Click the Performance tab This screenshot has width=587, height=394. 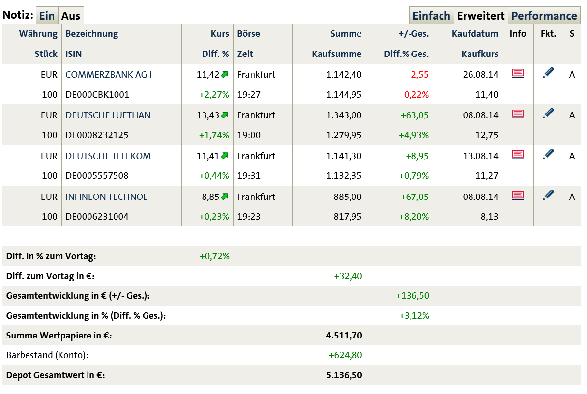[544, 16]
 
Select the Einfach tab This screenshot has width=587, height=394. [431, 16]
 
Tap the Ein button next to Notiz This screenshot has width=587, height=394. [47, 16]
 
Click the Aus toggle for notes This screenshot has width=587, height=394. [71, 16]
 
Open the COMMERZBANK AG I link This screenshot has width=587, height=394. [109, 75]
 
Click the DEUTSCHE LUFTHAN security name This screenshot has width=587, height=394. [108, 115]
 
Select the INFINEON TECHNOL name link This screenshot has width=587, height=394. [106, 197]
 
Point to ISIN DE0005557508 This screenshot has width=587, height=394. [97, 176]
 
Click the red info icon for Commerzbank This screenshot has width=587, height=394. [518, 73]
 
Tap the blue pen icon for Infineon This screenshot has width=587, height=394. [548, 196]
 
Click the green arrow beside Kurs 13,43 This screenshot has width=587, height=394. [225, 115]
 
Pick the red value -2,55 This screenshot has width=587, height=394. [418, 75]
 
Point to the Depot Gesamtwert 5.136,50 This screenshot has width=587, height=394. [344, 375]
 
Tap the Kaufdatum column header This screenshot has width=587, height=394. [475, 34]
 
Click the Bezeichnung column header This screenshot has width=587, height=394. [92, 34]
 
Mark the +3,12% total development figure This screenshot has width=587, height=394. [414, 316]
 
